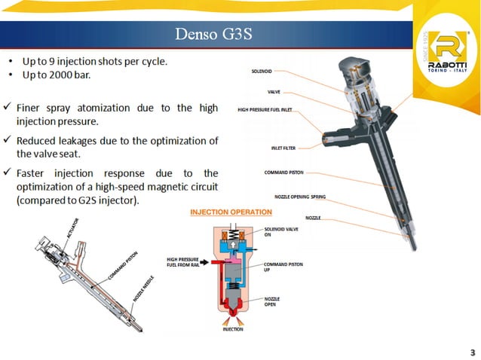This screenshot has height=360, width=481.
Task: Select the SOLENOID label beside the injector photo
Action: (262, 72)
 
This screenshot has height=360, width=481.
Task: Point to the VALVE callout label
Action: (274, 91)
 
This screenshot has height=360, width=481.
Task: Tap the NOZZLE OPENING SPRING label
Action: (299, 197)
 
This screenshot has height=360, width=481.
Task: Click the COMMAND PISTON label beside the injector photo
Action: (283, 172)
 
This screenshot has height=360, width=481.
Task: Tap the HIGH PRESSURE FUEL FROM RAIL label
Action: (182, 261)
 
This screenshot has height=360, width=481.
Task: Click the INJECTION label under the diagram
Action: (232, 329)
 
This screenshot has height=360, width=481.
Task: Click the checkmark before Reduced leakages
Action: (7, 141)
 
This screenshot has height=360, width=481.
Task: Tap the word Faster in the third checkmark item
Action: (32, 174)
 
